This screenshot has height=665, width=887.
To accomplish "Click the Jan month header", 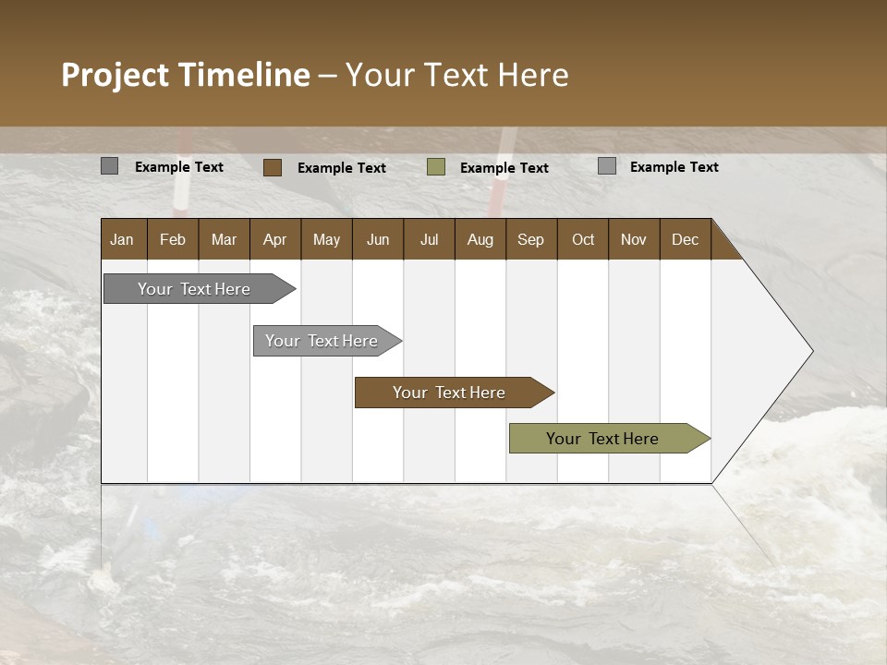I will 123,239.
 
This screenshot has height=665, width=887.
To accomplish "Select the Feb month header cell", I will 173,239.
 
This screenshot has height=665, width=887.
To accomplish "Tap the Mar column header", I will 224,239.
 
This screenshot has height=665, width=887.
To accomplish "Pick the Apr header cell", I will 275,239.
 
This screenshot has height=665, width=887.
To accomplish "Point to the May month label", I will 326,239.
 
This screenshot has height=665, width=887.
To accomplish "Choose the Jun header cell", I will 378,239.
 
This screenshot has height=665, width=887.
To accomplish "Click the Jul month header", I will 429,239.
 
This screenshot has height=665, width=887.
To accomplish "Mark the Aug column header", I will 480,239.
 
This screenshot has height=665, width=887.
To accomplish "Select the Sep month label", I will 531,239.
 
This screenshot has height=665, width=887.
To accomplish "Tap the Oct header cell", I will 583,239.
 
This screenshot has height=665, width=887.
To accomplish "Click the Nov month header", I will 634,239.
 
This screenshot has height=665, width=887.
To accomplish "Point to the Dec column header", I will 686,239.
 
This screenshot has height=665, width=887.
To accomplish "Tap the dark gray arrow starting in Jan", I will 195,289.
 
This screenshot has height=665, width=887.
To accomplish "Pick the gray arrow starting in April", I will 322,341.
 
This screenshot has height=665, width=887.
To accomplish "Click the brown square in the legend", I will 273,167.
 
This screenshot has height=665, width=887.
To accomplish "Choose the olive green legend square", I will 436,167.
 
